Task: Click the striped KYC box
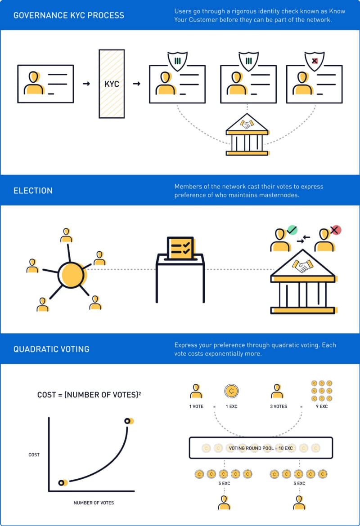112,84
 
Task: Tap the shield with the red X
315,61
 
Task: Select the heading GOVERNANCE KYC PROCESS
69,15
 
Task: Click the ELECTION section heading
33,191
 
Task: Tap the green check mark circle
292,230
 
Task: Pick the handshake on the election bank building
302,266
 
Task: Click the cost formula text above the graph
89,395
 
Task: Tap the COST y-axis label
34,455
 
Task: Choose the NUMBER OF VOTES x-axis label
94,503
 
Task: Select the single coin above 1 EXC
231,391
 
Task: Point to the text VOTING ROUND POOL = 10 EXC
261,448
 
